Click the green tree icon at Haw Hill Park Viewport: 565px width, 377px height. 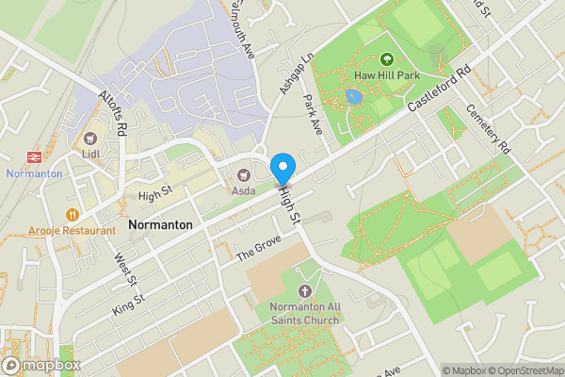387,59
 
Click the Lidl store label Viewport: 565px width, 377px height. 91,153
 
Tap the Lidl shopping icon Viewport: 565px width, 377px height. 91,138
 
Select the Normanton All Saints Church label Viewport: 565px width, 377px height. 303,313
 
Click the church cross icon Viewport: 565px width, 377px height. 303,291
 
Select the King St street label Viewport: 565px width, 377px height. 128,303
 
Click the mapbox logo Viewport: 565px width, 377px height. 41,365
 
